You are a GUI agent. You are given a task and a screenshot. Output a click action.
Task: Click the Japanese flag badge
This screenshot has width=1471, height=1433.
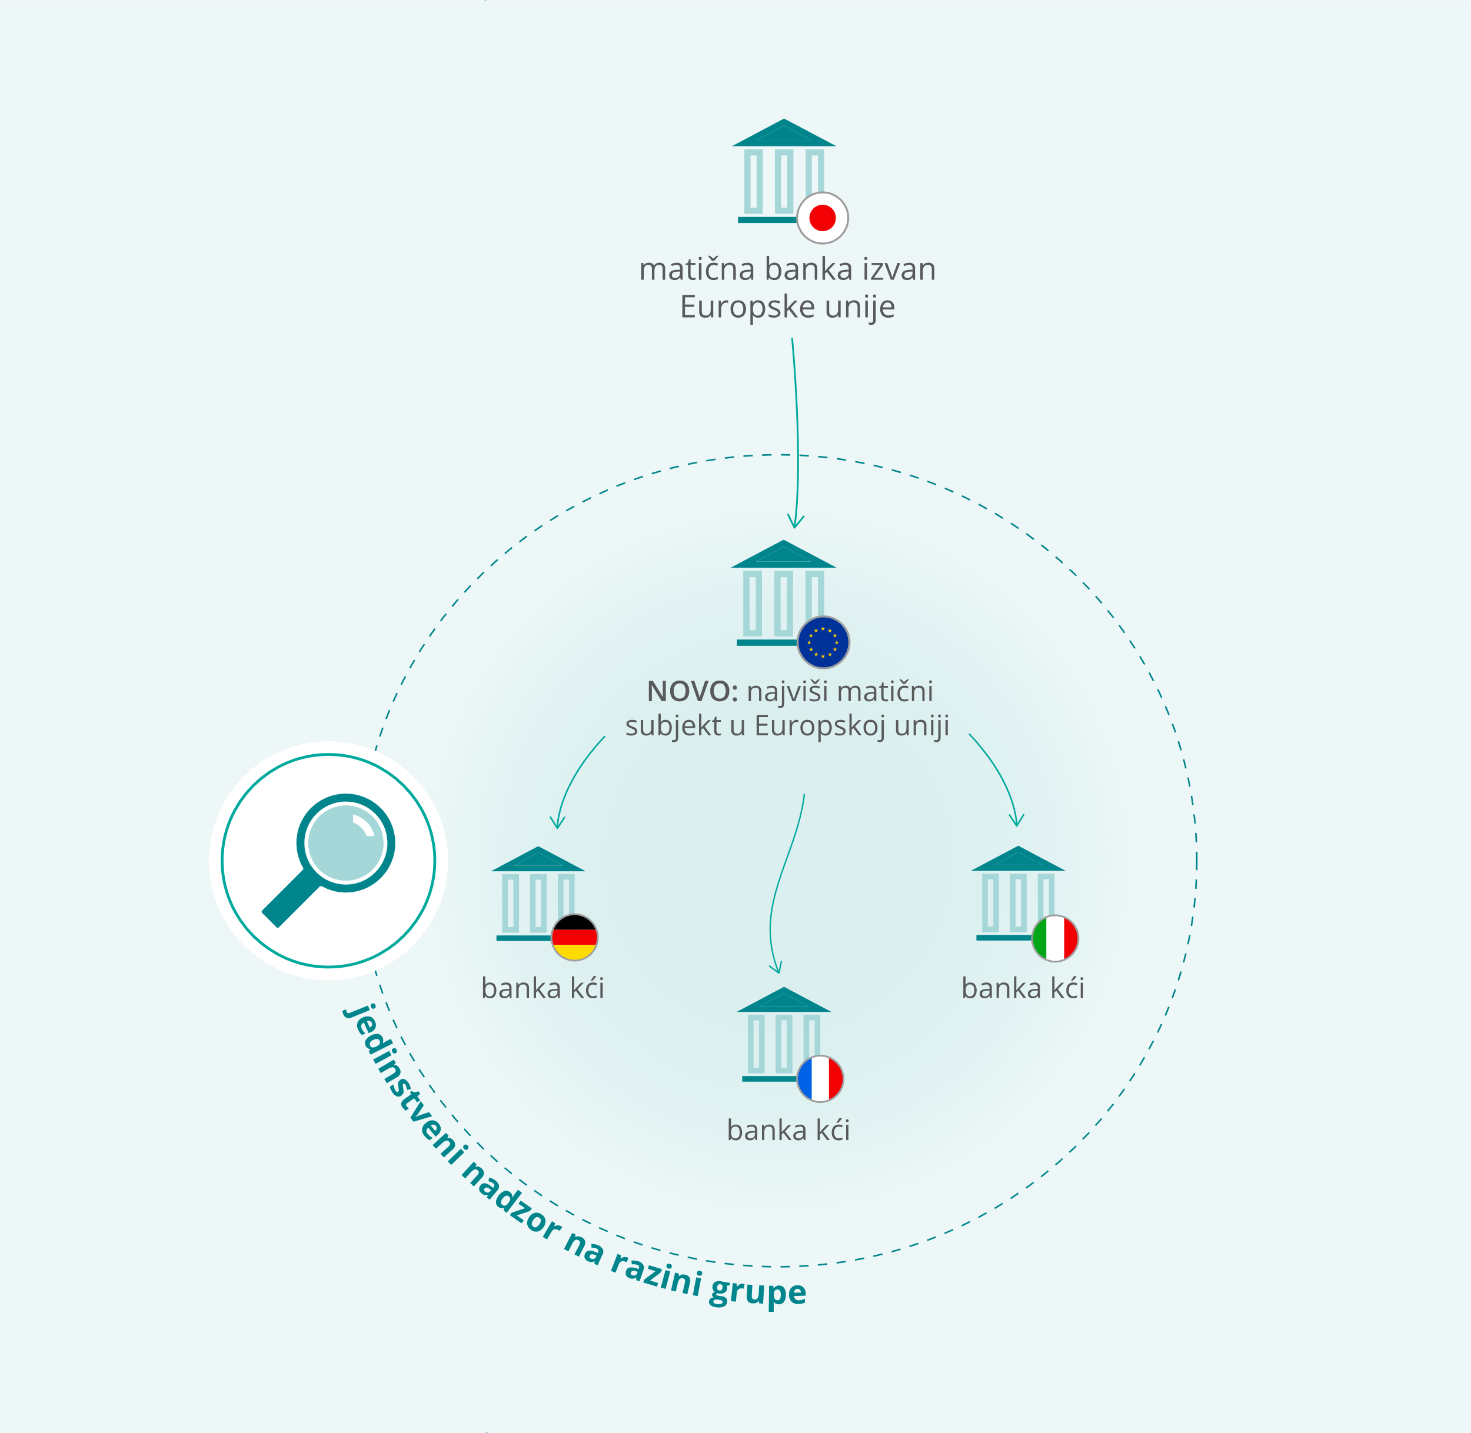coord(823,218)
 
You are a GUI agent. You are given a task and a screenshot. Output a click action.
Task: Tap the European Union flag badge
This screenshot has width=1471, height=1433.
coord(824,642)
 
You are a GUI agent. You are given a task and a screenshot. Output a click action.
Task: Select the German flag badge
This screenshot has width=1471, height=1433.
coord(574,938)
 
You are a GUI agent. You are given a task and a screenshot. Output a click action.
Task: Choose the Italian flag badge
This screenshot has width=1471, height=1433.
coord(1054,938)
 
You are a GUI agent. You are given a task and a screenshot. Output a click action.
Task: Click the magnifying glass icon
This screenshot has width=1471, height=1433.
coord(328,860)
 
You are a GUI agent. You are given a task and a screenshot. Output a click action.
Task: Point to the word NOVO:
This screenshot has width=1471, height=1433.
coord(693,691)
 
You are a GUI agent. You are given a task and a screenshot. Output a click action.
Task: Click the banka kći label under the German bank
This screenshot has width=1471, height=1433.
coord(543,988)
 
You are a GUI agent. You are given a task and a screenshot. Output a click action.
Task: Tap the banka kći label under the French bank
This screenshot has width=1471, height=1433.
coord(788,1129)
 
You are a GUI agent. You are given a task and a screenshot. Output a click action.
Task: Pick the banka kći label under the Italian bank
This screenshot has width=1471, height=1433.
coord(1023,988)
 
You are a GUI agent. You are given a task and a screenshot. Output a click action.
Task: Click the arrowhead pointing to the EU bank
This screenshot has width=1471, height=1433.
coord(796,522)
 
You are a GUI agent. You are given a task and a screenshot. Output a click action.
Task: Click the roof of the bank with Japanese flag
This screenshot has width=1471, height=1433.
coord(784,133)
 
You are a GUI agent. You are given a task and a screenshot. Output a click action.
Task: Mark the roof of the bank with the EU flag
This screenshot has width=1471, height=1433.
coord(784,555)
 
